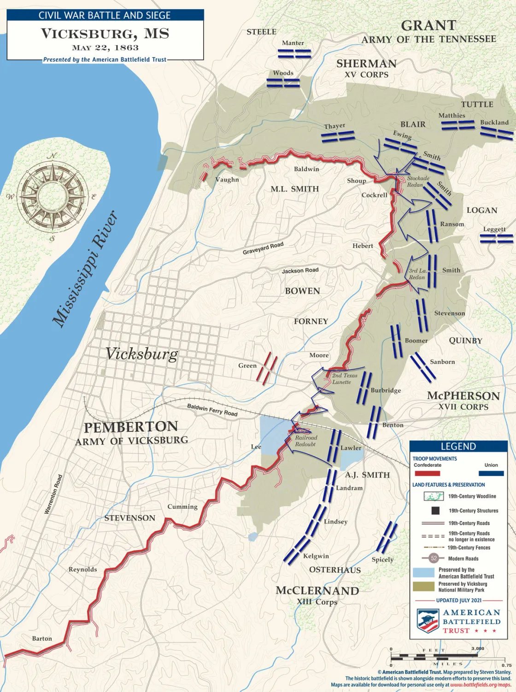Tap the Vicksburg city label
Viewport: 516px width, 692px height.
coord(141,354)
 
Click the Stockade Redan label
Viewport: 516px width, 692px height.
coord(417,181)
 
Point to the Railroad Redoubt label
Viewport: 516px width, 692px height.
coord(306,441)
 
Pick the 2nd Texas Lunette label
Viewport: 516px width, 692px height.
coord(344,378)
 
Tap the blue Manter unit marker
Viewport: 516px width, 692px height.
coord(294,53)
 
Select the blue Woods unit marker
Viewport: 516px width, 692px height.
coord(283,83)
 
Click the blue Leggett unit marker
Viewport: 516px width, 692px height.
coord(496,238)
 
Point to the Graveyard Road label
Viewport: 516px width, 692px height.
coord(263,248)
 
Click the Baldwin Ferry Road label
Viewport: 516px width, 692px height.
coord(212,409)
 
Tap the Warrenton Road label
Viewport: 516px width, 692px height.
coord(53,494)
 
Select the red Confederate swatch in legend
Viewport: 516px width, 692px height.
coord(427,473)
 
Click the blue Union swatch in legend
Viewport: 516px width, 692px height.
coord(491,473)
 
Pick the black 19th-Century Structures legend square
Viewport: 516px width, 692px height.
coord(435,511)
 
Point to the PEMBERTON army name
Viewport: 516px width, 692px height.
coord(131,427)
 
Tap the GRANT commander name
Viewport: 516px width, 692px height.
coord(428,25)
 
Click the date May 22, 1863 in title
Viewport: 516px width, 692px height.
coord(105,47)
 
